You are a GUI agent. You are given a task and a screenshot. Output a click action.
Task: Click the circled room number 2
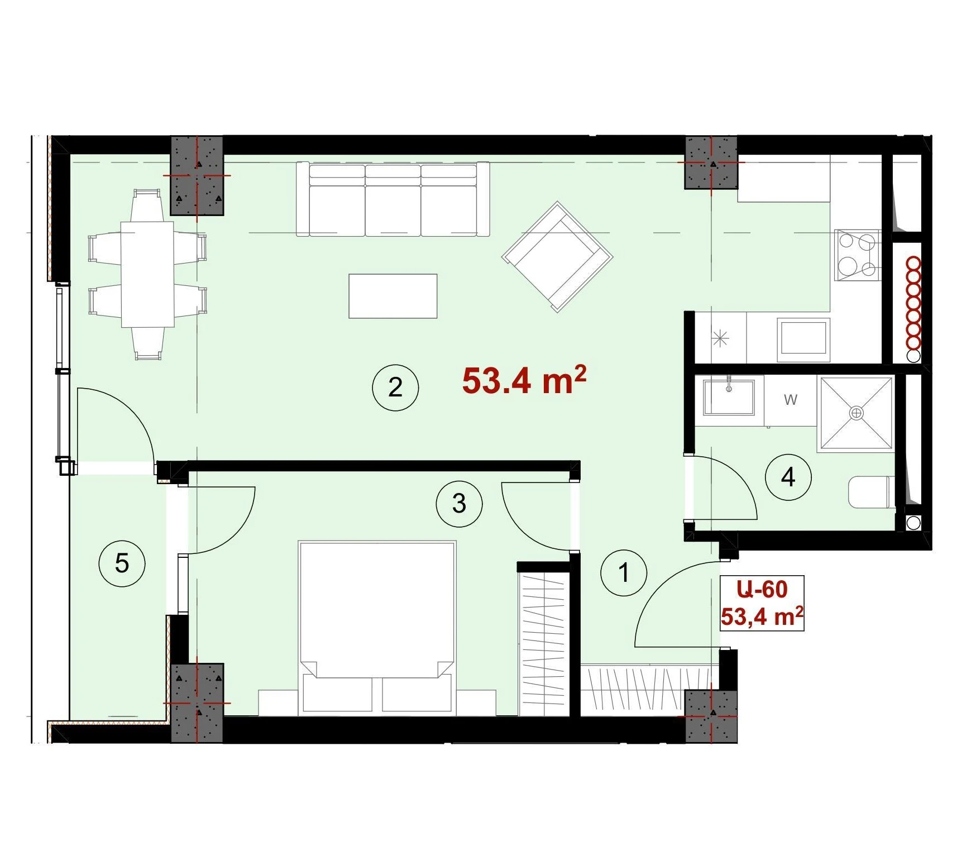pyautogui.click(x=395, y=388)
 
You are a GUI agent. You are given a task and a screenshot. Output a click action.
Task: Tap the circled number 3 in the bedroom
pyautogui.click(x=459, y=504)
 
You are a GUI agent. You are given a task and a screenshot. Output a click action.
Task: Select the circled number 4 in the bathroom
pyautogui.click(x=788, y=477)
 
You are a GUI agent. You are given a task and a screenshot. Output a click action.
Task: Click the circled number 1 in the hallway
pyautogui.click(x=624, y=572)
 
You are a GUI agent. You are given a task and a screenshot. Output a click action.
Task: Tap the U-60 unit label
pyautogui.click(x=762, y=589)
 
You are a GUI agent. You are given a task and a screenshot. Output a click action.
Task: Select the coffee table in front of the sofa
pyautogui.click(x=393, y=296)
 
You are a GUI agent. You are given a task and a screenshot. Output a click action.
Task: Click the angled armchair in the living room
pyautogui.click(x=557, y=257)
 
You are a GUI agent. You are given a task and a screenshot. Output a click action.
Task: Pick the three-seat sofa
pyautogui.click(x=393, y=199)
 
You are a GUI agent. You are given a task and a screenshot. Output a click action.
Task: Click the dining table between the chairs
pyautogui.click(x=147, y=274)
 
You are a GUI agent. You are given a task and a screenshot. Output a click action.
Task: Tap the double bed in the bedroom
pyautogui.click(x=377, y=627)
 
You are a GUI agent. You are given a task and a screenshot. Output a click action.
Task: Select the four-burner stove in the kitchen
pyautogui.click(x=858, y=255)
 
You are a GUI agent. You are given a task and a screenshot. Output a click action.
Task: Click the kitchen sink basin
pyautogui.click(x=804, y=337)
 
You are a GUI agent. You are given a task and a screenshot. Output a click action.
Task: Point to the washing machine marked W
pyautogui.click(x=790, y=400)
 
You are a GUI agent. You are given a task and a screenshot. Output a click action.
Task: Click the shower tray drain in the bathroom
pyautogui.click(x=856, y=413)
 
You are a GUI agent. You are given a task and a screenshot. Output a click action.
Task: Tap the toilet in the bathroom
pyautogui.click(x=872, y=492)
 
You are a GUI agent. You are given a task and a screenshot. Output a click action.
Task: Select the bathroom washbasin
pyautogui.click(x=729, y=397)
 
